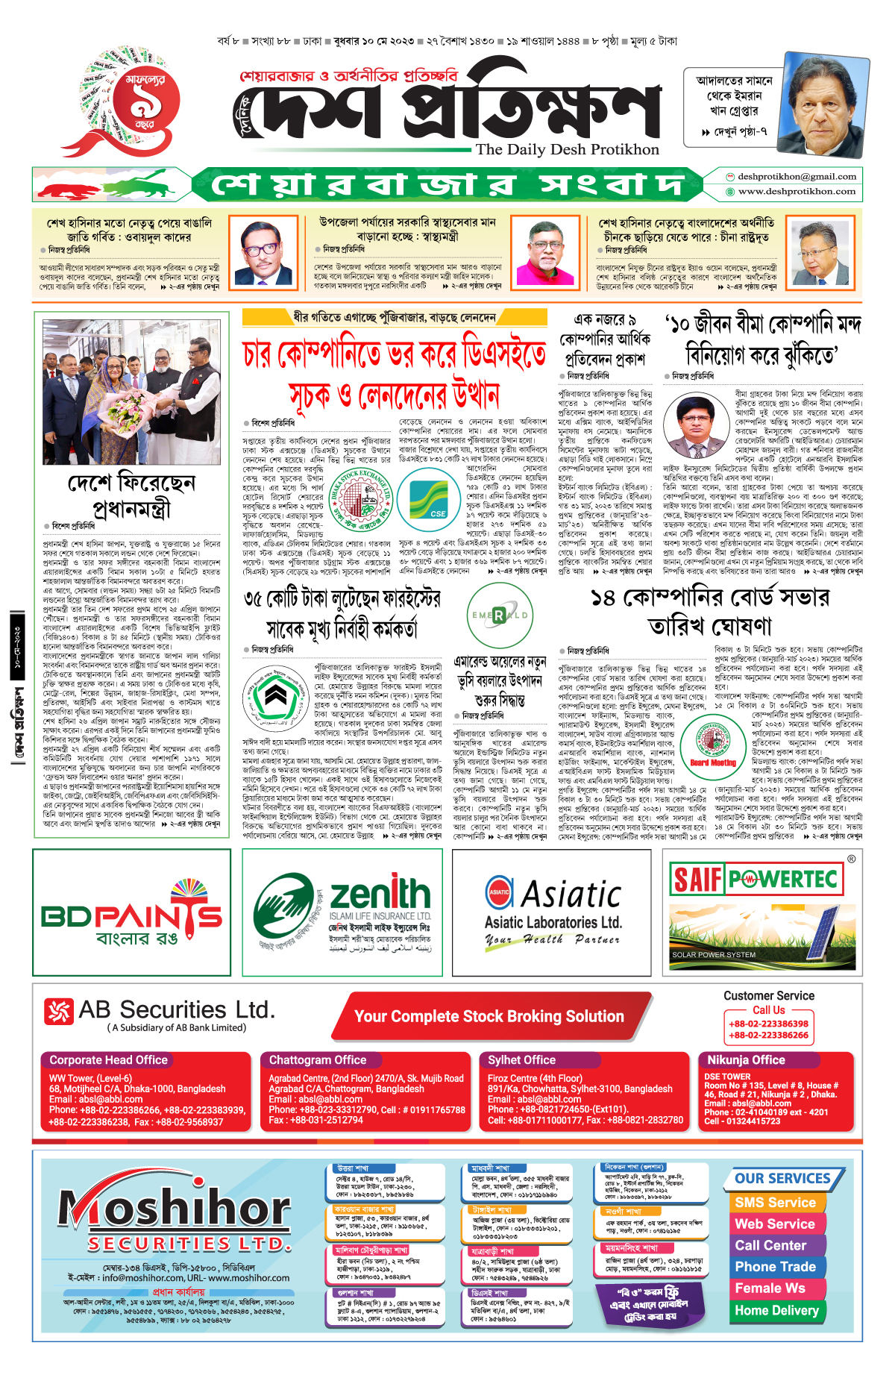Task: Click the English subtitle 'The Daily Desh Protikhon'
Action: pos(568,149)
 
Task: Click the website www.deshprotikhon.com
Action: pos(797,192)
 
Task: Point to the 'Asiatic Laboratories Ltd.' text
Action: pos(553,923)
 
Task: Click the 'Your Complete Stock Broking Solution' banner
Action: pos(489,1016)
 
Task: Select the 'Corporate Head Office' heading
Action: pos(108,1060)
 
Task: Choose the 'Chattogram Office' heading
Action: pos(318,1060)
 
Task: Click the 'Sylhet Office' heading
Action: pos(521,1060)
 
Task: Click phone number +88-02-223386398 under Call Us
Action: pos(768,1024)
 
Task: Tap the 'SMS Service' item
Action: pos(775,1203)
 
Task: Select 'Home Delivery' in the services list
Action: pos(776,1311)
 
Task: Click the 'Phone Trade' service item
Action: pos(775,1267)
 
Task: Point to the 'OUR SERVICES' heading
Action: pos(782,1179)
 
